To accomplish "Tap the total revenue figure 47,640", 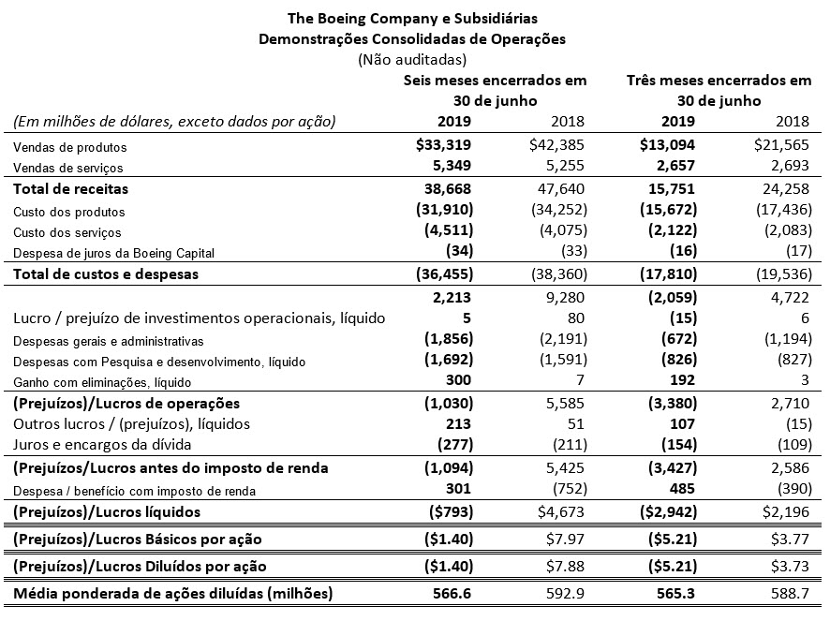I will pos(559,188).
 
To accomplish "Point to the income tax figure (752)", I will pos(565,490).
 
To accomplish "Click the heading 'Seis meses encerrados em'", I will pos(495,81).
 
